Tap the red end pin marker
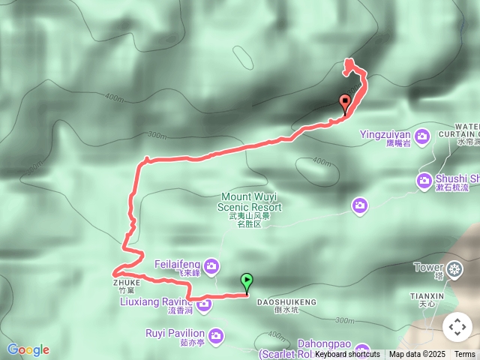(345, 103)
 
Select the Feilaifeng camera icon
(211, 265)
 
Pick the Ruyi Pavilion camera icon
(217, 334)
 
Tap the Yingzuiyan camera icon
(423, 135)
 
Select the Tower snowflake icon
(455, 268)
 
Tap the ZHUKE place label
(127, 283)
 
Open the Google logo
(28, 349)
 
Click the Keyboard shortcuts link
(347, 354)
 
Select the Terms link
(465, 354)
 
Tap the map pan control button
(457, 327)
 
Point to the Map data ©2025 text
(417, 354)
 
